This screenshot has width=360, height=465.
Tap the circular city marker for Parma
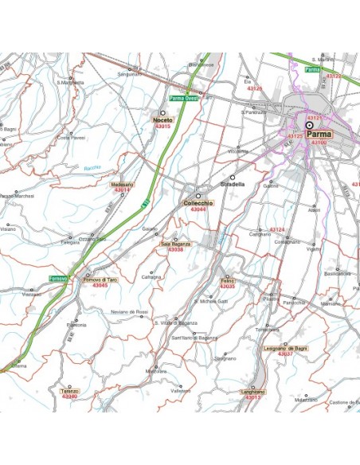coord(309,125)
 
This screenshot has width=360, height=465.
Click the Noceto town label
coord(162,120)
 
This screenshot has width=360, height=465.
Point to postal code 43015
coord(162,127)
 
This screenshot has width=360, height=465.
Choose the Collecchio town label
coord(199,203)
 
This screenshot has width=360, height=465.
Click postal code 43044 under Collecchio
coord(198,209)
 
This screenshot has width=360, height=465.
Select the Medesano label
coord(122,185)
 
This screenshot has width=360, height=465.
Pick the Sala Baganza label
coord(175,244)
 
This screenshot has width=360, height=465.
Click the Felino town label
coord(227,280)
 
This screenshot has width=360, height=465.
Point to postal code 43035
coord(227,287)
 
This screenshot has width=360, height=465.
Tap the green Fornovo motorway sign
coord(58,278)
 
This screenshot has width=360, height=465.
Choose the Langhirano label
coord(252,392)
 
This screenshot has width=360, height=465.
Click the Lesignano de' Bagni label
coord(284,348)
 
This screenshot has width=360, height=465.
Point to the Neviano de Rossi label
coord(129,311)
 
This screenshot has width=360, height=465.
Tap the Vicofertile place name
coord(238,151)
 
